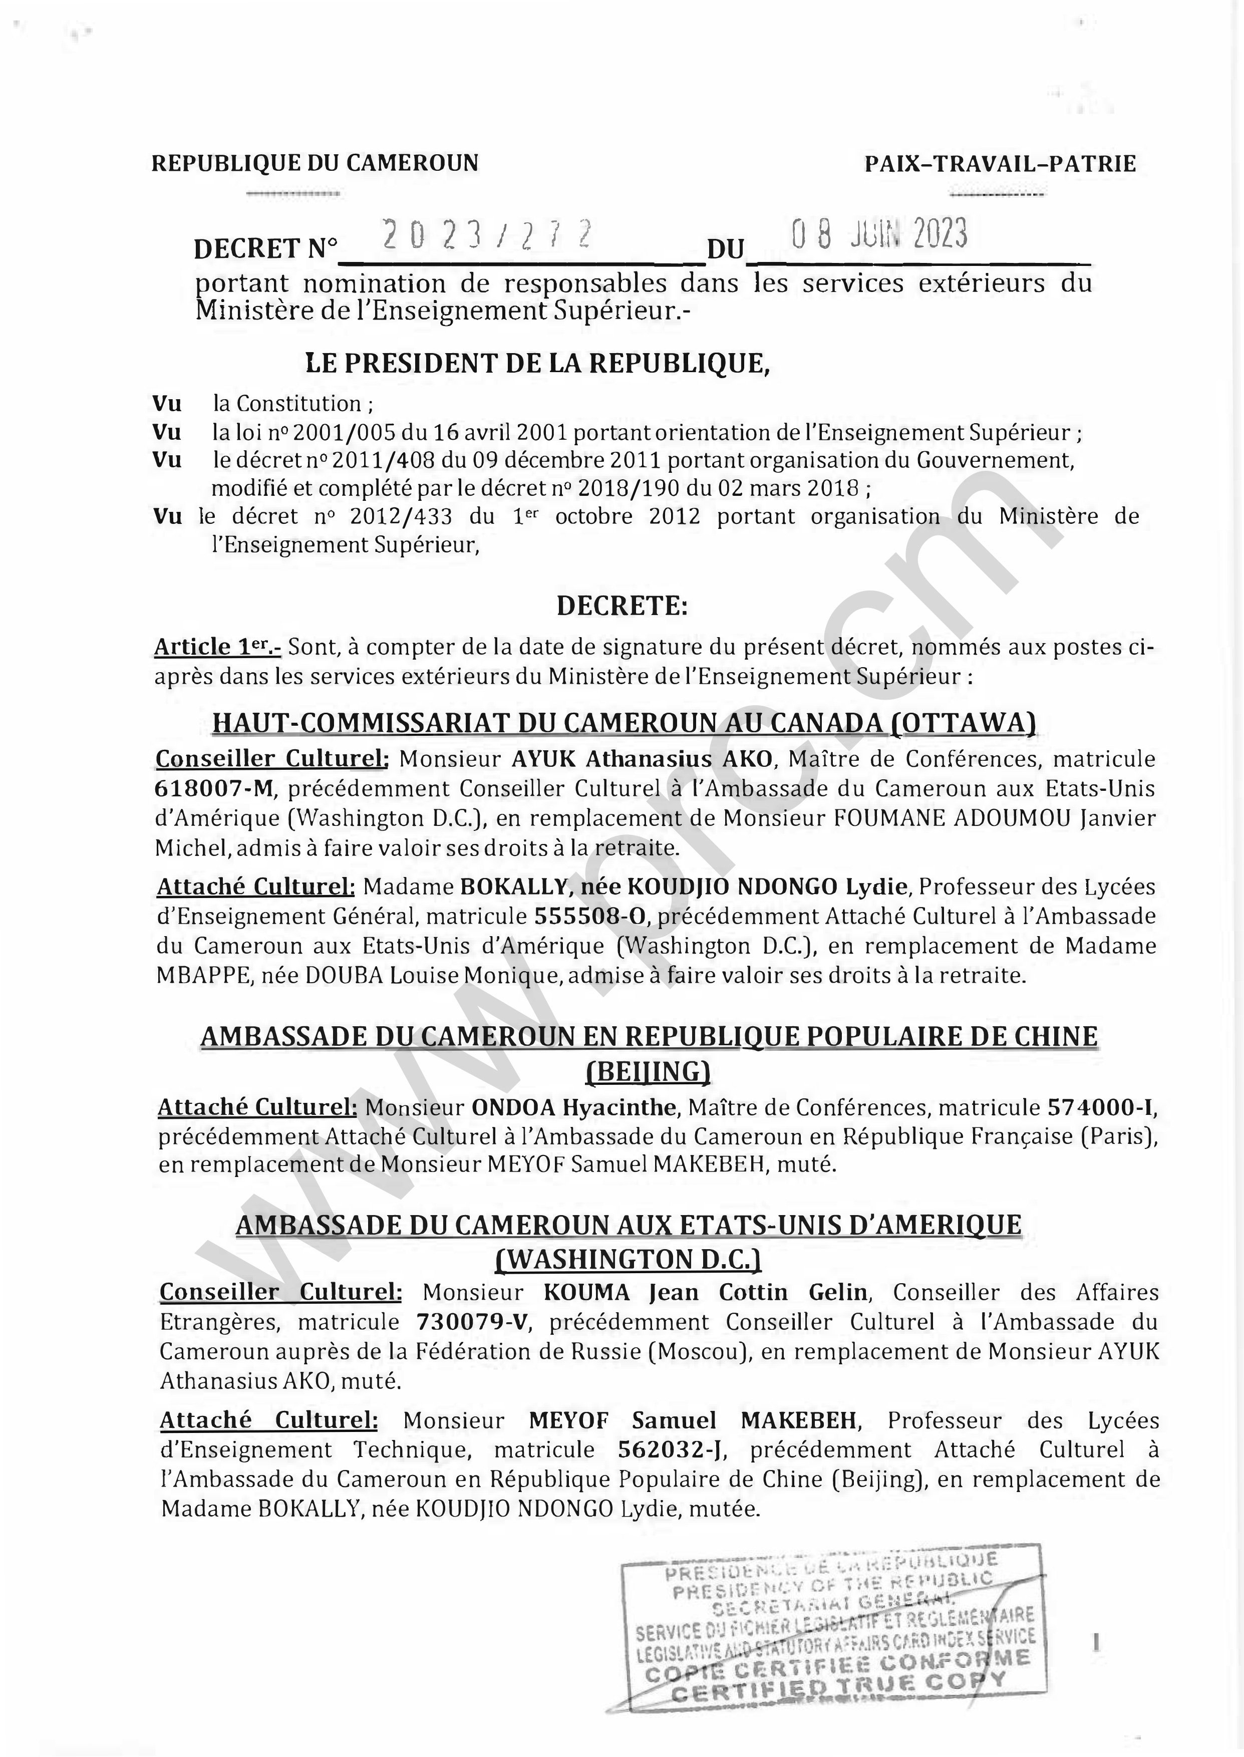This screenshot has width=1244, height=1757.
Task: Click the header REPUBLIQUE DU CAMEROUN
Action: (315, 163)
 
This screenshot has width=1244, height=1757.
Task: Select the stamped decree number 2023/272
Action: (487, 234)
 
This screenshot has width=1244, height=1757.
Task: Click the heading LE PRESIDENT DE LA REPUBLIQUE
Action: (538, 363)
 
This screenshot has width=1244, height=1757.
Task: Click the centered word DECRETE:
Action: (622, 606)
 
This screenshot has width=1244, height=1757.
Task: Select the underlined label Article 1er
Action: (217, 647)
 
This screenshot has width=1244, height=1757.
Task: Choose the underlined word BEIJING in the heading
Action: (648, 1071)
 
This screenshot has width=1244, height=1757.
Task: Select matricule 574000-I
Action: (1098, 1107)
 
